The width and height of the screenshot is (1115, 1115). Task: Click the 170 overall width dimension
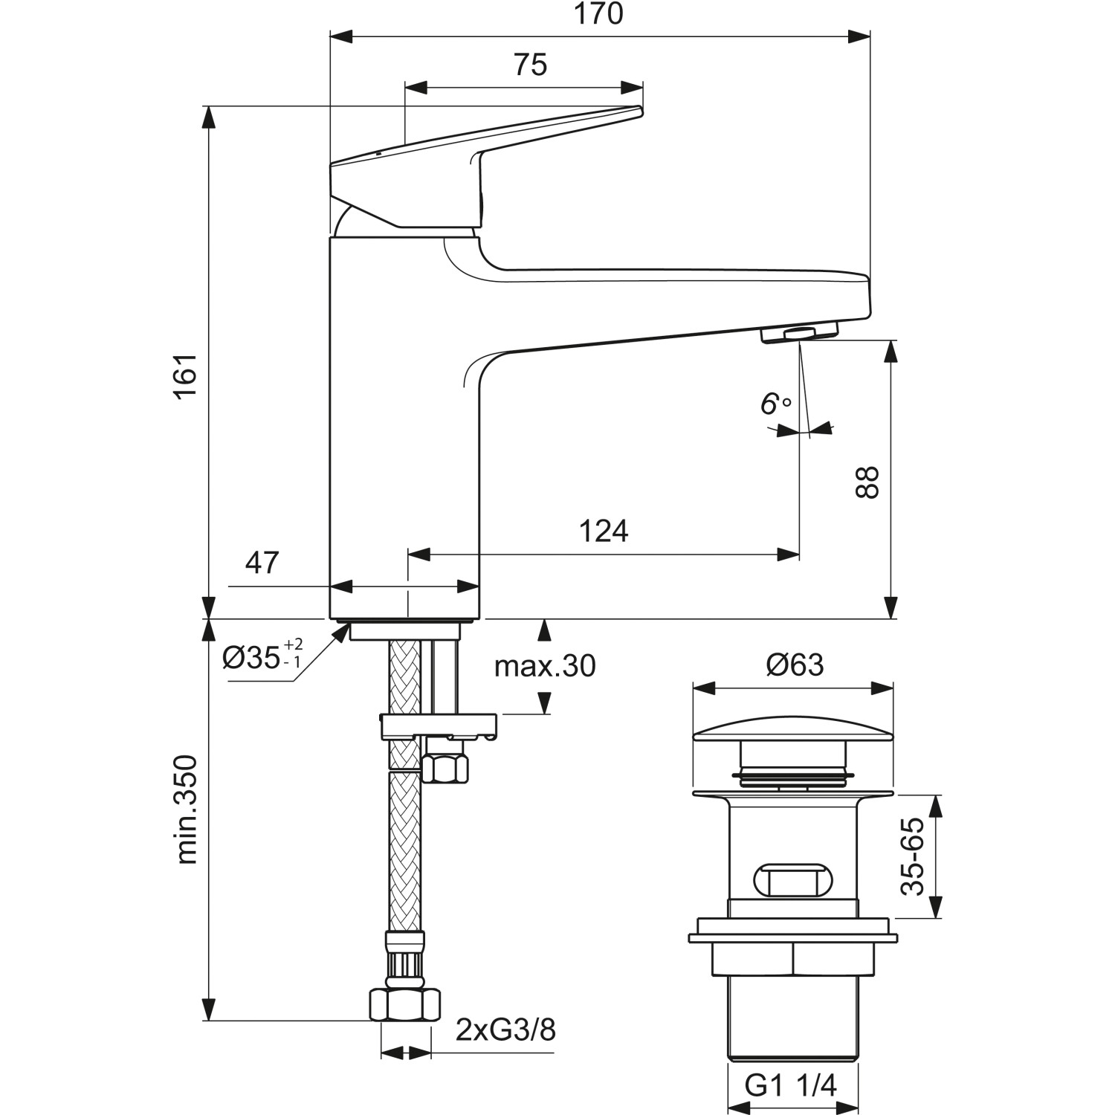(599, 15)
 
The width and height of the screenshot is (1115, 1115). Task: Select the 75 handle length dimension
(530, 65)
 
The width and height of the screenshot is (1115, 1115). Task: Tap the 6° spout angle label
(774, 404)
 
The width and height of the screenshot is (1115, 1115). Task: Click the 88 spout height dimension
(867, 482)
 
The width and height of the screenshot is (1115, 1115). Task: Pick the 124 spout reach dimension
(603, 531)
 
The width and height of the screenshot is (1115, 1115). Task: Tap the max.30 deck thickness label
(545, 666)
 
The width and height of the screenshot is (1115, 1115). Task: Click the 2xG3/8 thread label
(505, 1031)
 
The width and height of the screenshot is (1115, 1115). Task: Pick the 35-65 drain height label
(913, 856)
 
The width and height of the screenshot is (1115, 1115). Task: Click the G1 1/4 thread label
(790, 1086)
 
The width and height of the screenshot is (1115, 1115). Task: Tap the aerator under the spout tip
(799, 332)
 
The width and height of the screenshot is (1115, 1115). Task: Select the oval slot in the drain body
(792, 881)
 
